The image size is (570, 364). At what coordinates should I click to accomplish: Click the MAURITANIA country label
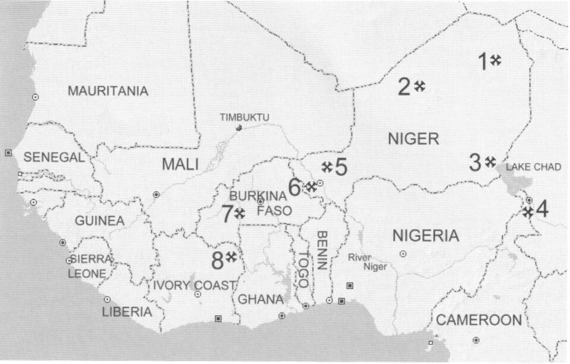[x=108, y=91]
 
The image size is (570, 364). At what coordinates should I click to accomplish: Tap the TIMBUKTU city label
[x=244, y=118]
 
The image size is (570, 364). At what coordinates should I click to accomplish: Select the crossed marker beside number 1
[x=496, y=59]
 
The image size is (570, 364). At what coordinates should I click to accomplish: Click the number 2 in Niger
[x=404, y=87]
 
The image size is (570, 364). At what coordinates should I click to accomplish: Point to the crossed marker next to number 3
[x=490, y=161]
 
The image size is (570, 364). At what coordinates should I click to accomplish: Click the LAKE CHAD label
[x=533, y=167]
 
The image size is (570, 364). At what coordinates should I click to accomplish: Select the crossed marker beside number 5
[x=326, y=167]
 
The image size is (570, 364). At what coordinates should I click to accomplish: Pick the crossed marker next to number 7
[x=240, y=213]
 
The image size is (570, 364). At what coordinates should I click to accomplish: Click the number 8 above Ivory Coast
[x=218, y=259]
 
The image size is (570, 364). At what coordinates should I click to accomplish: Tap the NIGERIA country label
[x=426, y=236]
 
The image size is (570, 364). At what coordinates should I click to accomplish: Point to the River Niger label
[x=366, y=262]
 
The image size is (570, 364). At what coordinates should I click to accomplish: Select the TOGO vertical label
[x=303, y=269]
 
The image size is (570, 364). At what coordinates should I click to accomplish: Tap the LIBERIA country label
[x=126, y=312]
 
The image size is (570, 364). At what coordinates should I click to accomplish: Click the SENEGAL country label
[x=54, y=158]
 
